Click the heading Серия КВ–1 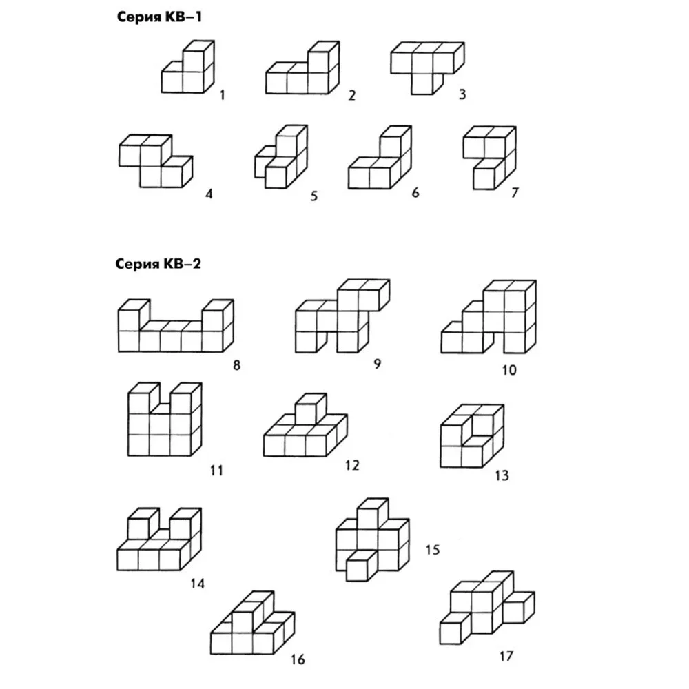click(x=159, y=17)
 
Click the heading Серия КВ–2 click(x=158, y=264)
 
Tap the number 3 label click(x=462, y=94)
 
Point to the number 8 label click(x=236, y=365)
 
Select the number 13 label click(x=502, y=475)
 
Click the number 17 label click(x=506, y=656)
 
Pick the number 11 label click(x=216, y=471)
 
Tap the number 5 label click(x=313, y=196)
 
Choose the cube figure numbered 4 click(x=156, y=161)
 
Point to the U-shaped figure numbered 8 click(x=176, y=326)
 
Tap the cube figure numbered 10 click(x=489, y=317)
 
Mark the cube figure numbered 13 click(x=472, y=436)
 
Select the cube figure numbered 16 click(x=253, y=623)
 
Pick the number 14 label click(x=197, y=584)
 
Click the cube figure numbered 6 click(x=380, y=158)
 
